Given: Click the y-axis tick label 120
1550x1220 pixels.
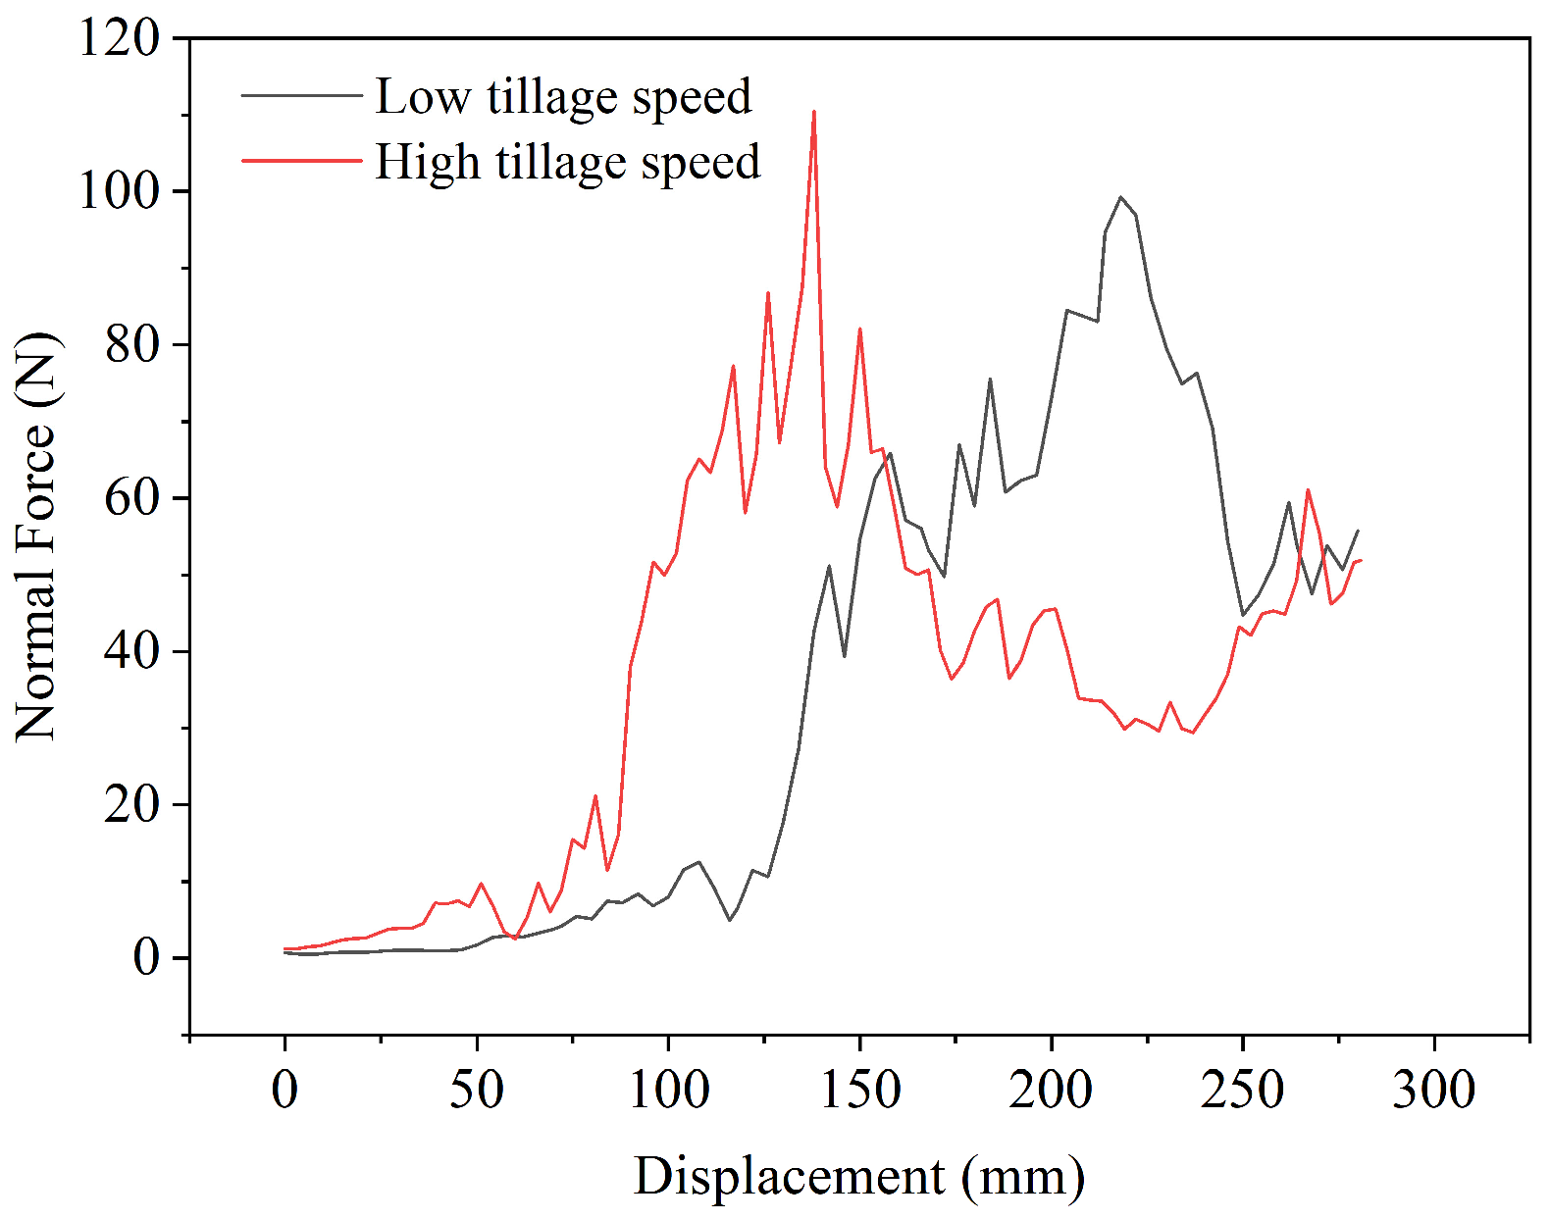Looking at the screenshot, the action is tap(119, 38).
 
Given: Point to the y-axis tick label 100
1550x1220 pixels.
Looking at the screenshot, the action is tap(119, 191).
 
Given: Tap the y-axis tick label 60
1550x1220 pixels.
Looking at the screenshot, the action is tap(131, 498).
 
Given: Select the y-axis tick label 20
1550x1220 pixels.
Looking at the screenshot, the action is tap(131, 805).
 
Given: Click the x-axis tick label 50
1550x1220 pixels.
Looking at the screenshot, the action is tap(477, 1090).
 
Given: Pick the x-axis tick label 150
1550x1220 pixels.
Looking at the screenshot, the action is tap(860, 1090).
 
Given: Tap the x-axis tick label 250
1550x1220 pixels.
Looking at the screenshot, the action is tap(1243, 1090).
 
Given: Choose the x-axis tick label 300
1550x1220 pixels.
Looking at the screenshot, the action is tap(1435, 1090).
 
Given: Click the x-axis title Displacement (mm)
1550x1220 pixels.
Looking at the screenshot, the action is tap(859, 1178).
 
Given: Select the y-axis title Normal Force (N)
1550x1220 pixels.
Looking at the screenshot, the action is tap(36, 536).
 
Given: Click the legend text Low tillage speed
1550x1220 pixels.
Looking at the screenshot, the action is tap(564, 96).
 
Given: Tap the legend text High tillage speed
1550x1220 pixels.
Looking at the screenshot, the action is tap(568, 162).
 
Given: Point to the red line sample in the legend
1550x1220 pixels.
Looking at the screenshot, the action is tap(302, 160).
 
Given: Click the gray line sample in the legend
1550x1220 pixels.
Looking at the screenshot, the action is tap(302, 95).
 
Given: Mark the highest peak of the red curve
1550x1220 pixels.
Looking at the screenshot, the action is tap(814, 112).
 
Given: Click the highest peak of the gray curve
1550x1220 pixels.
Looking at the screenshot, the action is tap(1120, 196).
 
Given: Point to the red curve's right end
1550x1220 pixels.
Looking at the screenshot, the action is tap(1361, 560).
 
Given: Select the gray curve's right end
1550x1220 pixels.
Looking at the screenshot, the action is tap(1358, 531).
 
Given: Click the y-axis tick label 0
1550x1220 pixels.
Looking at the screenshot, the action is tap(145, 958).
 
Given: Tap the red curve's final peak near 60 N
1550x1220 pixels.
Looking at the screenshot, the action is tap(1308, 490).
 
